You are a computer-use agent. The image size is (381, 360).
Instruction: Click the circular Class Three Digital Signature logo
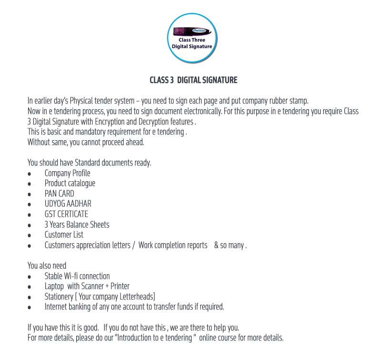pos(192,38)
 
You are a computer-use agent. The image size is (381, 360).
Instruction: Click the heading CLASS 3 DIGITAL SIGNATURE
pos(193,80)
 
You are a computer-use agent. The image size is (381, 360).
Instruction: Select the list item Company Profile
pos(67,173)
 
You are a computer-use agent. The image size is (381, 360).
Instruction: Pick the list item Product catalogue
pos(70,183)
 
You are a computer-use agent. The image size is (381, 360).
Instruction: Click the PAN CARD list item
pos(59,194)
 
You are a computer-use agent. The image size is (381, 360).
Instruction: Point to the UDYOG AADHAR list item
pos(68,204)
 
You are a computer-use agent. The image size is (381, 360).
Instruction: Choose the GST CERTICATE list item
pos(66,214)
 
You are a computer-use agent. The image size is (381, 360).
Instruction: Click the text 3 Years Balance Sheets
pos(77,225)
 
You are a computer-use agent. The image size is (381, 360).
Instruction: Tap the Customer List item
pos(64,235)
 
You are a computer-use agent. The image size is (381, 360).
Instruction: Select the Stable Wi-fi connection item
pos(77,276)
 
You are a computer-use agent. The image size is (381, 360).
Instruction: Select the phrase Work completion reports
pos(173,245)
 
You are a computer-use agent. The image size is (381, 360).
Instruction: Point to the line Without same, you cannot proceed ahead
pos(86,142)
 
